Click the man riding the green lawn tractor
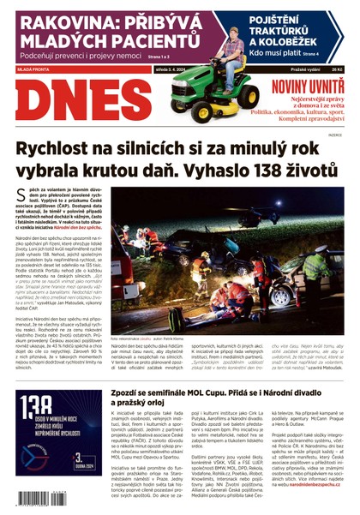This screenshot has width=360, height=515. click(x=231, y=53)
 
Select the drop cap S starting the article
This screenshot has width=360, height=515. click(x=21, y=197)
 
